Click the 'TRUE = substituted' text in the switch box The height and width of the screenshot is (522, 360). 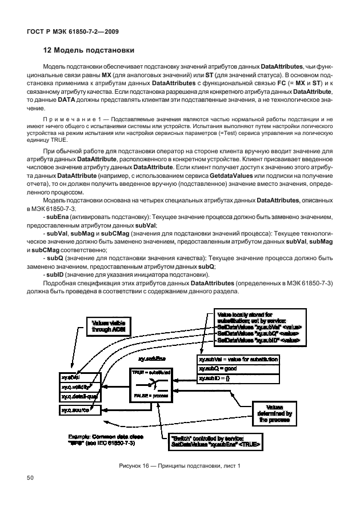coord(153,372)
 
